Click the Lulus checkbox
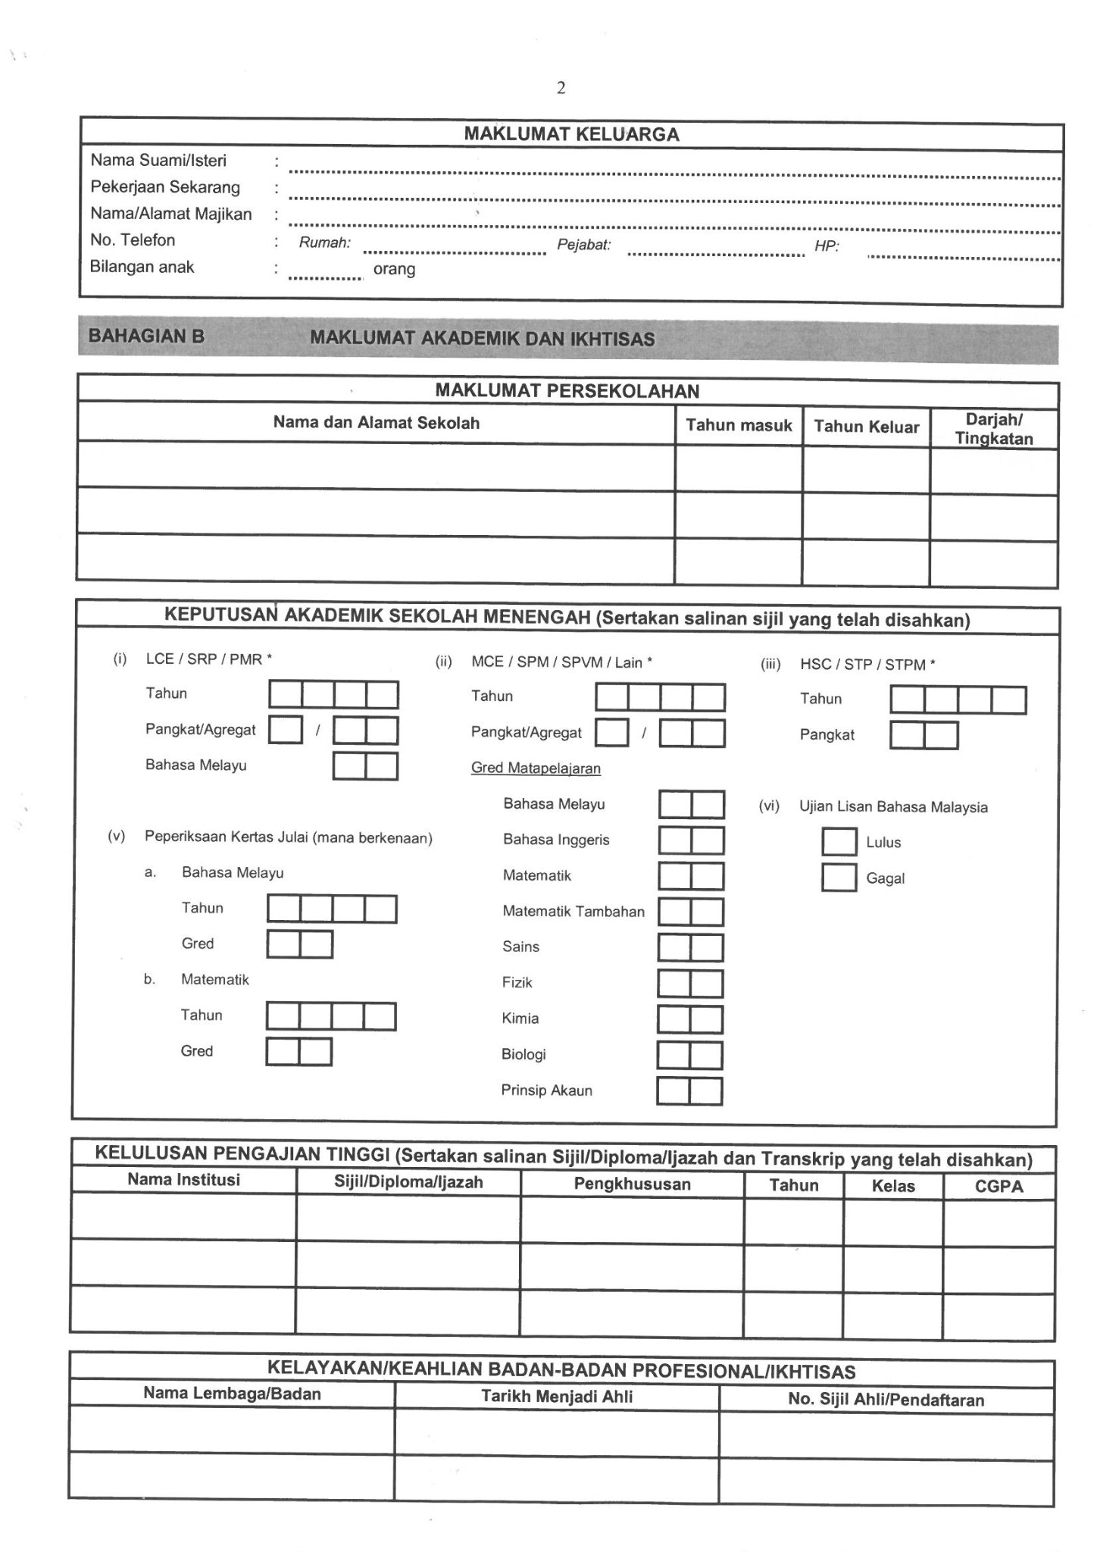tap(839, 841)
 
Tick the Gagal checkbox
tap(839, 878)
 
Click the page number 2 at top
tap(561, 88)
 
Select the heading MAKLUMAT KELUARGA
tap(571, 135)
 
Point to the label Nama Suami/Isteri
tap(158, 161)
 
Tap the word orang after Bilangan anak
tap(394, 269)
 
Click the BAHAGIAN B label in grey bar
tap(146, 336)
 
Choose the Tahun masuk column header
tap(739, 425)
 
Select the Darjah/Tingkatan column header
tap(994, 429)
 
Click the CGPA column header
tap(999, 1187)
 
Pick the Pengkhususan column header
tap(632, 1184)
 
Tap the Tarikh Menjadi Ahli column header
tap(557, 1397)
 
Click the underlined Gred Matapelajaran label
tap(536, 768)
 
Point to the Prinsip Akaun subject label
tap(546, 1090)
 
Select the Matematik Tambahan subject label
tap(574, 911)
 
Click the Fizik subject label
tap(517, 982)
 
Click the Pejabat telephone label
tap(583, 245)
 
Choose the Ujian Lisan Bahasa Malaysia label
tap(893, 807)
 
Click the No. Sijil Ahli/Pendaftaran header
tap(886, 1400)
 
